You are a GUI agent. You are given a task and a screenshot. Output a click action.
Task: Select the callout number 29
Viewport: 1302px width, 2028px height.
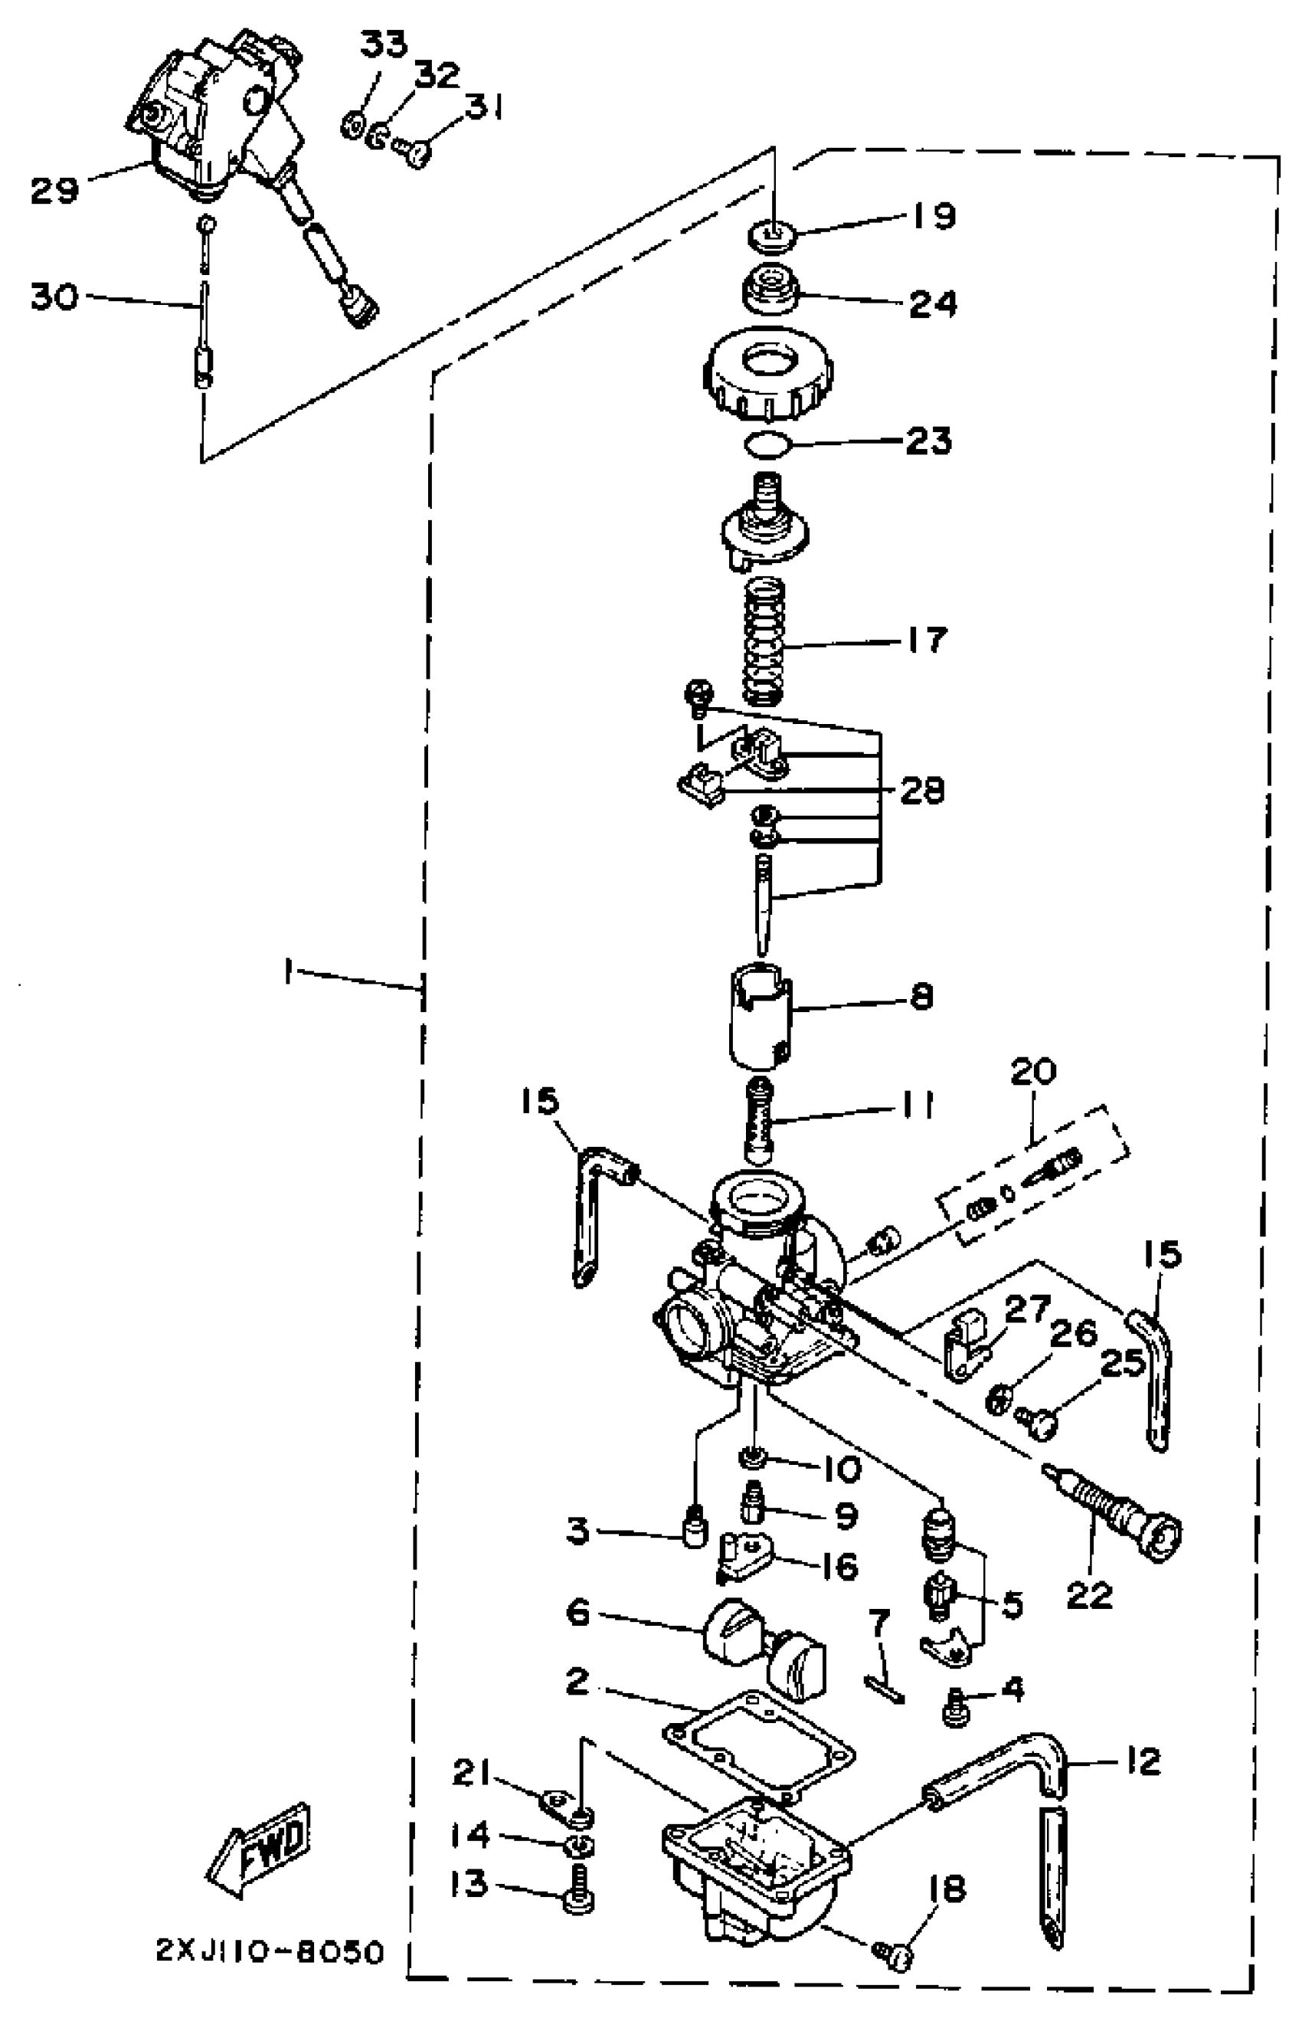coord(54,189)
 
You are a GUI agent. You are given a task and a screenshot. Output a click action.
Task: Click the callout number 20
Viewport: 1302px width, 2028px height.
coord(1033,1073)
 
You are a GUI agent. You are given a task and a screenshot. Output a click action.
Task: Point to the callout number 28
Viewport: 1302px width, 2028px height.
coord(921,791)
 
